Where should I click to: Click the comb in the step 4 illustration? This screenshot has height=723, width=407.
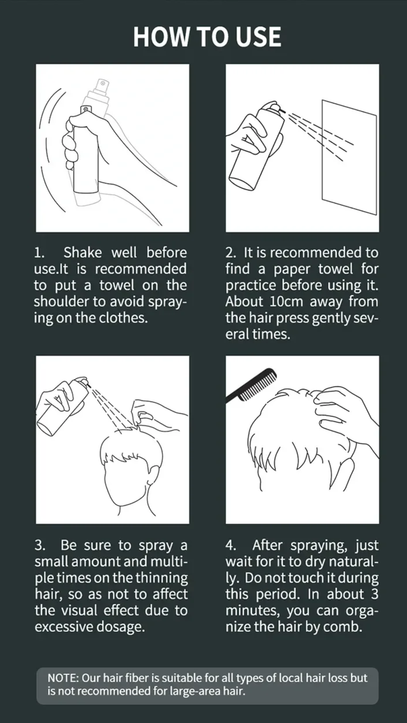[251, 385]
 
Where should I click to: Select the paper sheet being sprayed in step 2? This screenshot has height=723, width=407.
[349, 157]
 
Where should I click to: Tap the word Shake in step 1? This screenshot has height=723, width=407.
[82, 252]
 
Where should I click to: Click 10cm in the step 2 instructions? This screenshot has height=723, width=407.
[286, 302]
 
